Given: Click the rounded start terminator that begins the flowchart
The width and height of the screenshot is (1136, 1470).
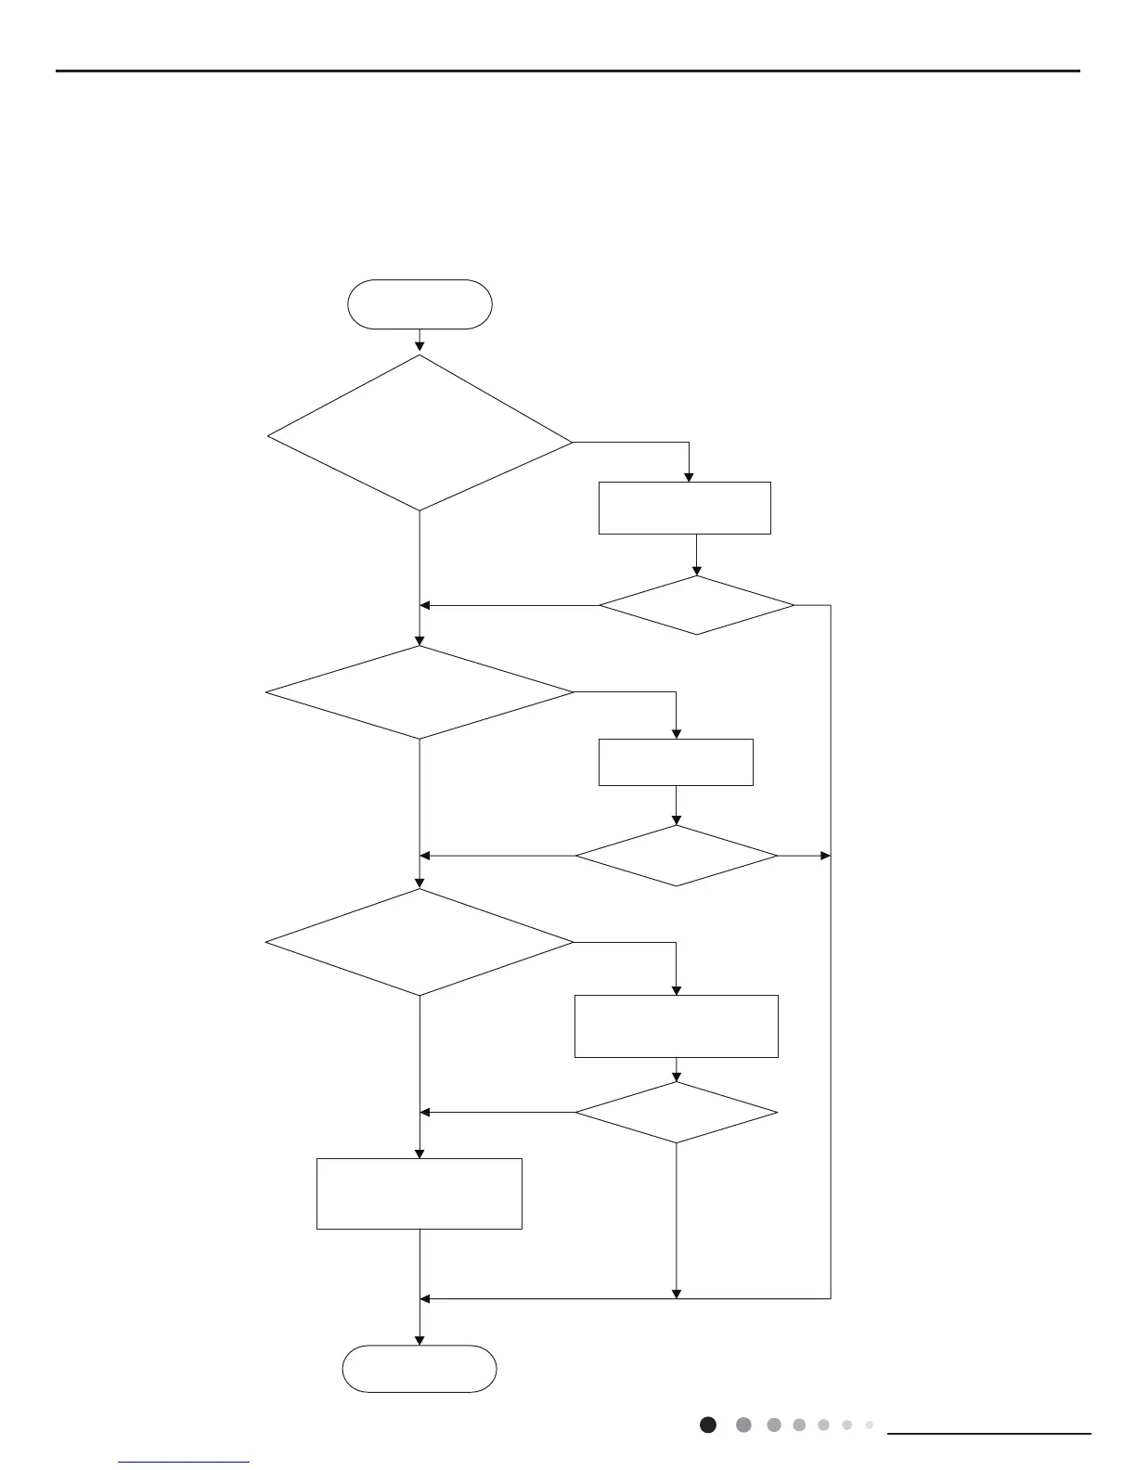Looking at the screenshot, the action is [x=420, y=304].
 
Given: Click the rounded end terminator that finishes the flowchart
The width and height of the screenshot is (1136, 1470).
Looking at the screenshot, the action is [x=420, y=1369].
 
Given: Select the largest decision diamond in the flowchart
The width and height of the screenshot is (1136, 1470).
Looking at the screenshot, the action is [x=420, y=433].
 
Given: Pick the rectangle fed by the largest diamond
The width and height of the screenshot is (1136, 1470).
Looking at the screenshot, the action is [x=685, y=508].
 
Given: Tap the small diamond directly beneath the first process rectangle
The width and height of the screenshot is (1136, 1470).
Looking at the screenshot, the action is [x=696, y=606].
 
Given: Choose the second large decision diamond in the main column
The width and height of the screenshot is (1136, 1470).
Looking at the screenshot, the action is [x=420, y=692].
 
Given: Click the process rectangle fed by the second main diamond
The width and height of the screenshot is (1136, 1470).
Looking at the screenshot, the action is [x=676, y=762].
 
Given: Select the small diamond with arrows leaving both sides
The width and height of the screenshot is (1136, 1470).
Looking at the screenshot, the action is [x=676, y=856].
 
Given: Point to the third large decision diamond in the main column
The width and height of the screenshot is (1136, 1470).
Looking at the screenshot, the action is [x=420, y=943].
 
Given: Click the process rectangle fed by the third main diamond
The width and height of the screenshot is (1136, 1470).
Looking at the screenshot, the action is [x=676, y=1026].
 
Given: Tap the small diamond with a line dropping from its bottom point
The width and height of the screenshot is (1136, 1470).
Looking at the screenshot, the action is [x=676, y=1113].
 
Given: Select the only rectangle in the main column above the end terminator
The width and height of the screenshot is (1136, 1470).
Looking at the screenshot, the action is [x=420, y=1193].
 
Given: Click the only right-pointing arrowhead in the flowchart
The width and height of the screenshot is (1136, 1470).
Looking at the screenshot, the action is [x=825, y=856].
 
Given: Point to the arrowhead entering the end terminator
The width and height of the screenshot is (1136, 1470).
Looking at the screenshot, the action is [x=420, y=1340].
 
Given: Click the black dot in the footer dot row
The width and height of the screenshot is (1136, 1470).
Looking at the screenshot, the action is [x=708, y=1425].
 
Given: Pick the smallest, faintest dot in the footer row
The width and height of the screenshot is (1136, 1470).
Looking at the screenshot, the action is [x=870, y=1425].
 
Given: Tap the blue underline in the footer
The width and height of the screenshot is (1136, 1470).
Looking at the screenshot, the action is [x=184, y=1463].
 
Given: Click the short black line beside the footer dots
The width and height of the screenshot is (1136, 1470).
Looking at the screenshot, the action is [x=989, y=1434].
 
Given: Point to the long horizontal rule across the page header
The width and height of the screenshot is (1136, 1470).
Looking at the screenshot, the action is [x=568, y=71].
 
